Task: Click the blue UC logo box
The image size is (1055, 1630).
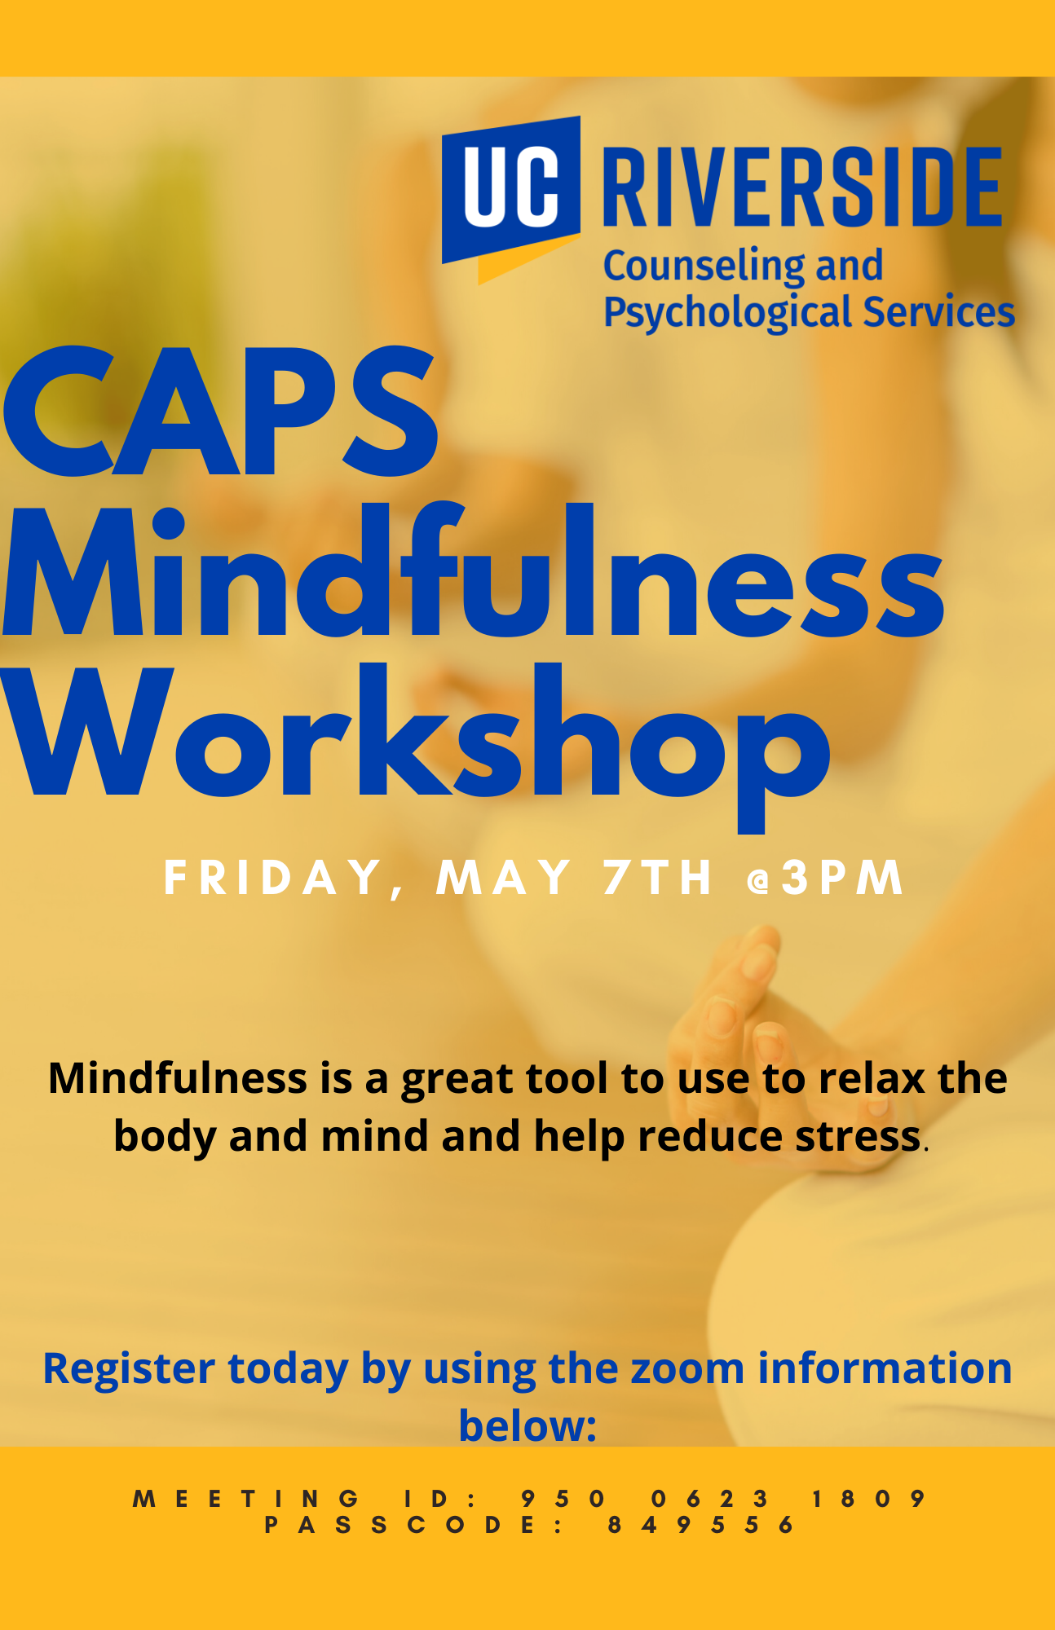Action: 511,190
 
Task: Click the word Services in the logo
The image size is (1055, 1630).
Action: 939,311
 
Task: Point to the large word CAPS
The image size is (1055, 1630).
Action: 220,412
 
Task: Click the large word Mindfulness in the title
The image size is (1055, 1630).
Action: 473,570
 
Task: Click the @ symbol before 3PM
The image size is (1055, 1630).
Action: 759,881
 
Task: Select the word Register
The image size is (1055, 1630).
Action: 129,1369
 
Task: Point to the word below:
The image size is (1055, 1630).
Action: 527,1425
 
